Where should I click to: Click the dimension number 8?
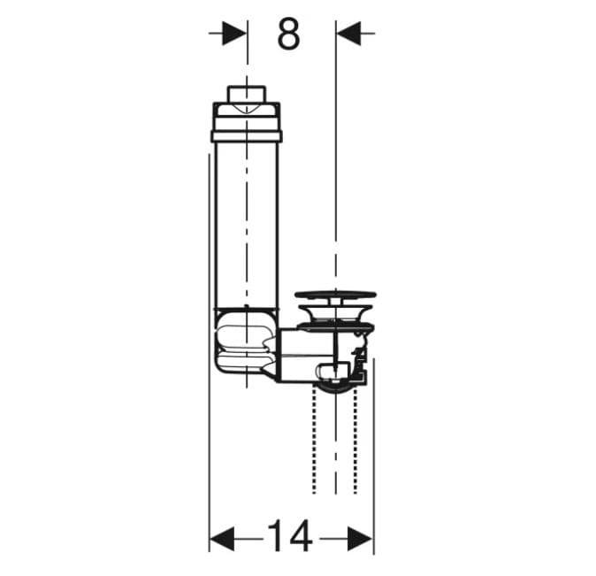[289, 35]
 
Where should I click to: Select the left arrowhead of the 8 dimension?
[234, 34]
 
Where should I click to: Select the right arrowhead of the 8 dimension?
[348, 34]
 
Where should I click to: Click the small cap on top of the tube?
[247, 95]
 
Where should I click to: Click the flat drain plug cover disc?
[336, 295]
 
